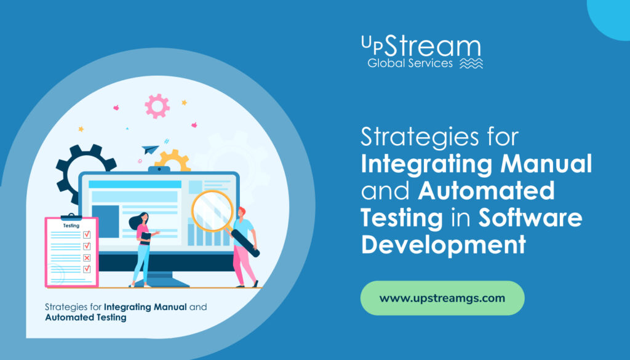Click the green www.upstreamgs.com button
tap(442, 298)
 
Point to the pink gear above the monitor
tap(157, 106)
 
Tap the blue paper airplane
tap(150, 148)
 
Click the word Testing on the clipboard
tap(71, 226)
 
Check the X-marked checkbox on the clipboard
tap(87, 257)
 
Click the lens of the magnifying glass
tap(211, 210)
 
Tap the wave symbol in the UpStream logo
tap(471, 64)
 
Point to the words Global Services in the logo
tap(410, 63)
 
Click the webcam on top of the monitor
tap(159, 169)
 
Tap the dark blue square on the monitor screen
tap(105, 219)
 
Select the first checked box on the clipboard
tap(87, 234)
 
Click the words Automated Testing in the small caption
tap(86, 318)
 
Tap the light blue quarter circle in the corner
tap(612, 15)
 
